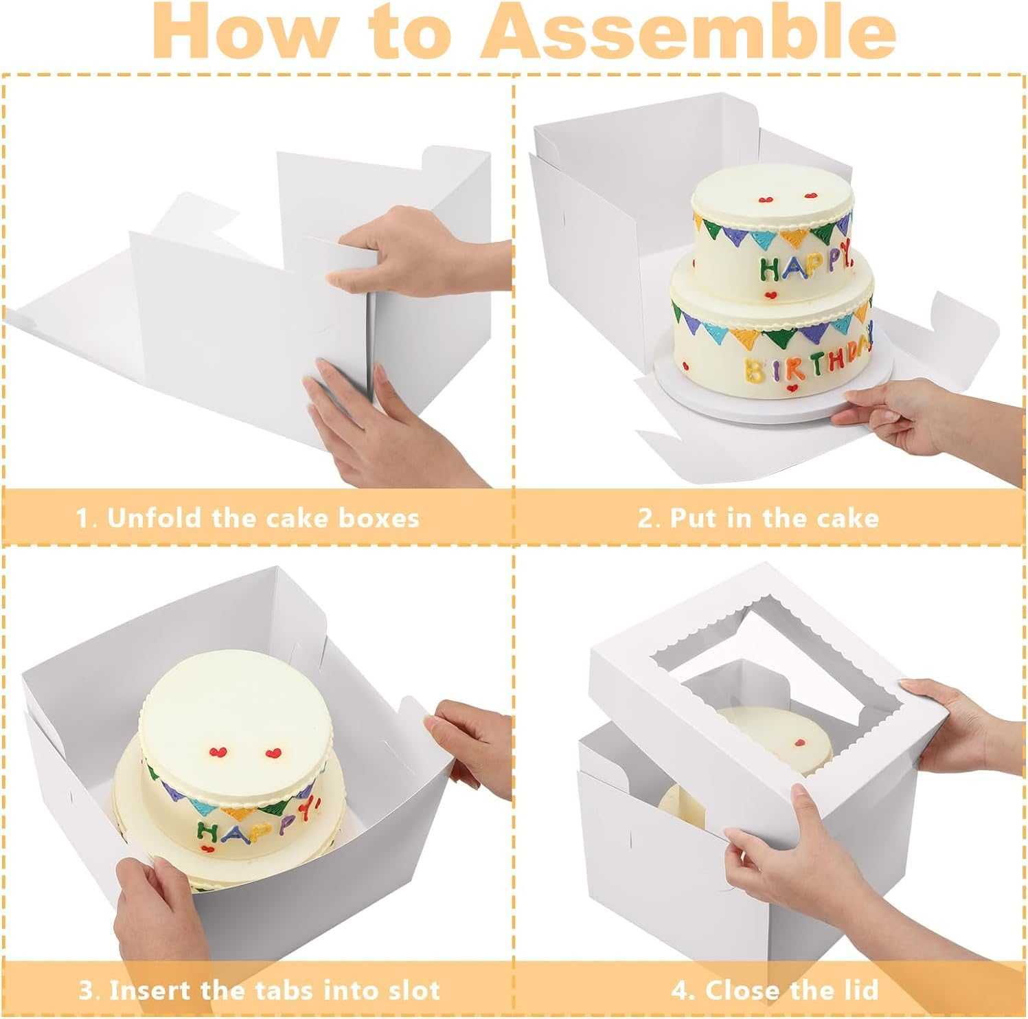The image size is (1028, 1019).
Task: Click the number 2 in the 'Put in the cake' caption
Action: click(646, 517)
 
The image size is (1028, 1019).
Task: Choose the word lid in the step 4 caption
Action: click(859, 990)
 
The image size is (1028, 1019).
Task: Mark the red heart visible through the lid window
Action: click(801, 742)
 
